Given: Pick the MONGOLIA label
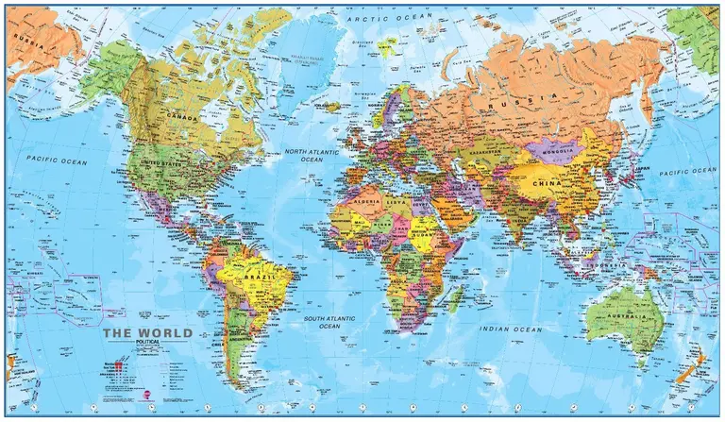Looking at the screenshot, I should [556, 148].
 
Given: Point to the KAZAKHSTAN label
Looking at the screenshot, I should [481, 149].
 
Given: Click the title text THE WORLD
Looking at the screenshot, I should [147, 333].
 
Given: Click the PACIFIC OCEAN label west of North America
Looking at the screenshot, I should [56, 161].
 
